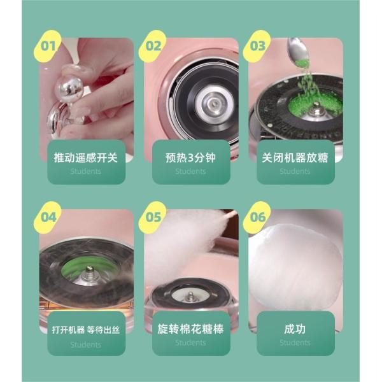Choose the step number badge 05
[153, 216]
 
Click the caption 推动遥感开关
[86, 157]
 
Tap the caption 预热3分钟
[190, 157]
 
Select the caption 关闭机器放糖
[295, 157]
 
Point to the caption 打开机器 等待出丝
[86, 330]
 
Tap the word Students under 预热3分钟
[190, 171]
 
